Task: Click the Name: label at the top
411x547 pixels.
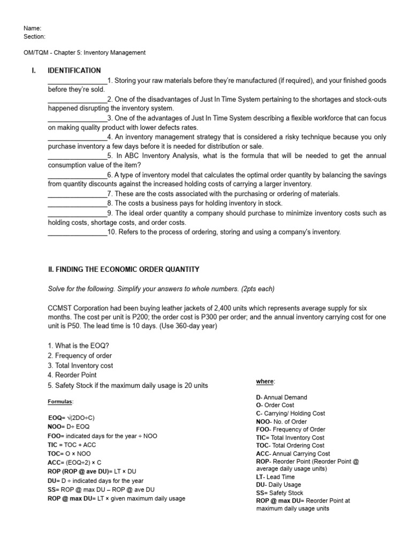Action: coord(33,28)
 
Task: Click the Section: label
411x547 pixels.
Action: coord(35,37)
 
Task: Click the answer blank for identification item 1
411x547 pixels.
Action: coord(78,81)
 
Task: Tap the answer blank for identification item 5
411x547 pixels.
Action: coord(78,156)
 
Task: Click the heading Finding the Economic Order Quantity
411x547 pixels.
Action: coord(124,269)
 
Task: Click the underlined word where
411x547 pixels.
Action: coord(265,381)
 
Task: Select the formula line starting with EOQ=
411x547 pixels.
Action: coord(71,417)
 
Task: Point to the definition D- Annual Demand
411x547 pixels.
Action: coord(282,397)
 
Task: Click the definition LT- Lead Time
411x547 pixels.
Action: coord(276,477)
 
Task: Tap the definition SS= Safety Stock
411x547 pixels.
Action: coord(280,493)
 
